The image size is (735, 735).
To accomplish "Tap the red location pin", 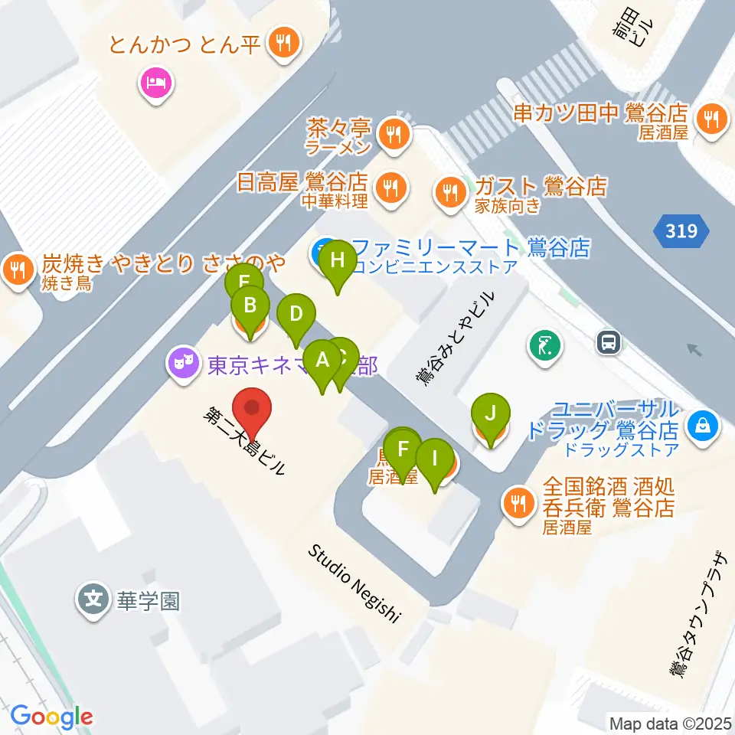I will tap(253, 413).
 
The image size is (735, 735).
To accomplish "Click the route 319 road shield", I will tap(681, 230).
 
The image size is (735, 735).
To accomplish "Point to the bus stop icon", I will tap(609, 342).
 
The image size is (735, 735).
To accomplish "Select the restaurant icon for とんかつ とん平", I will tap(285, 43).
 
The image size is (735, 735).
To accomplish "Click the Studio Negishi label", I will tap(354, 583).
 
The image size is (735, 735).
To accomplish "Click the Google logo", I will tap(52, 717).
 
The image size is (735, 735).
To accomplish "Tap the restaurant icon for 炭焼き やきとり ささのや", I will tap(16, 269).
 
